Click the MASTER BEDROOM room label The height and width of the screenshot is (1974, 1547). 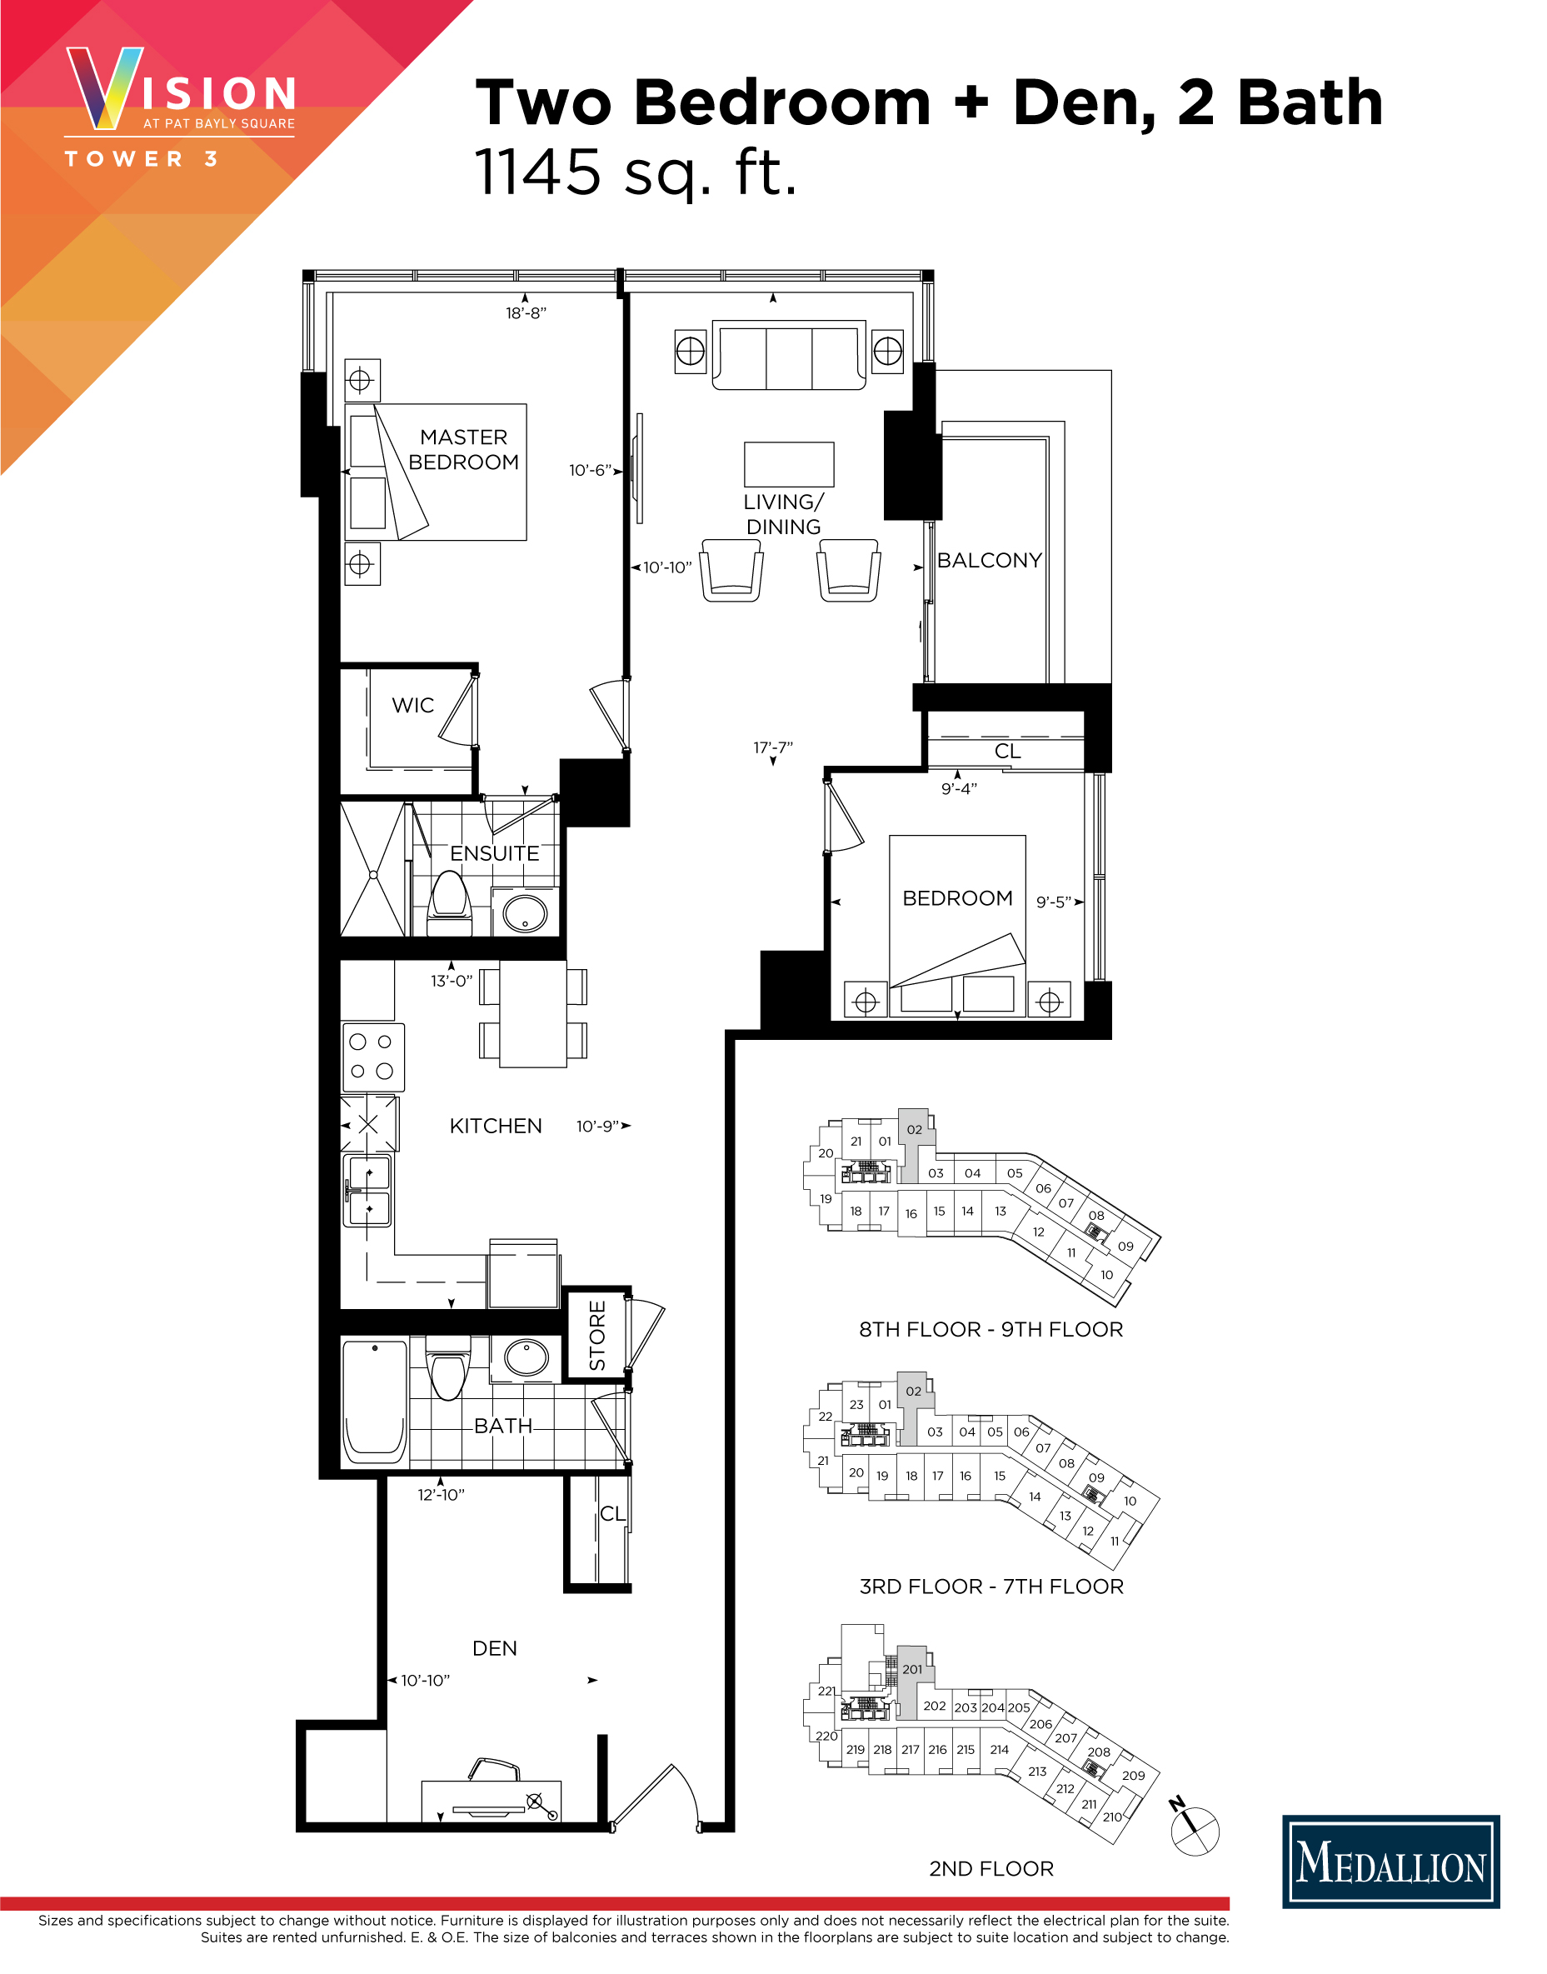[x=463, y=449]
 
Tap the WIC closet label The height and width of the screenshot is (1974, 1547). [x=412, y=705]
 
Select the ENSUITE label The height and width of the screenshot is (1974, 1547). [x=495, y=853]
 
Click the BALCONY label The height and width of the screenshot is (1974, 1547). [x=989, y=560]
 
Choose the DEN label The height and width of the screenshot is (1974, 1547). [x=495, y=1648]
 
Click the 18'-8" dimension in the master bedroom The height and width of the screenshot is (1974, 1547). [x=526, y=313]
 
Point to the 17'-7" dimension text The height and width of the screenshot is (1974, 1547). [x=772, y=747]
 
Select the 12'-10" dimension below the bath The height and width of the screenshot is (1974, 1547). [x=441, y=1495]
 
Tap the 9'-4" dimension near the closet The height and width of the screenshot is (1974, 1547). [x=958, y=788]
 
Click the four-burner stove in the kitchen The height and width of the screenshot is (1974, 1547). [x=372, y=1057]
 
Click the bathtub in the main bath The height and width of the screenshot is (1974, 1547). [x=375, y=1402]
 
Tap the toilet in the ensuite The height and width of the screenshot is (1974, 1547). [x=449, y=900]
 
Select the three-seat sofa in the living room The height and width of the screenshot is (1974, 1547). [x=788, y=355]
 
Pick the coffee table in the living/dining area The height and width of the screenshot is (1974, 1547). [x=788, y=464]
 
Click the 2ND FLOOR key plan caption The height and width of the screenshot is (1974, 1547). [x=991, y=1869]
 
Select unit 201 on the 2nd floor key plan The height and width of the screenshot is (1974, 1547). [x=912, y=1670]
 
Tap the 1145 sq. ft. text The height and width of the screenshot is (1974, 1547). [x=636, y=172]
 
